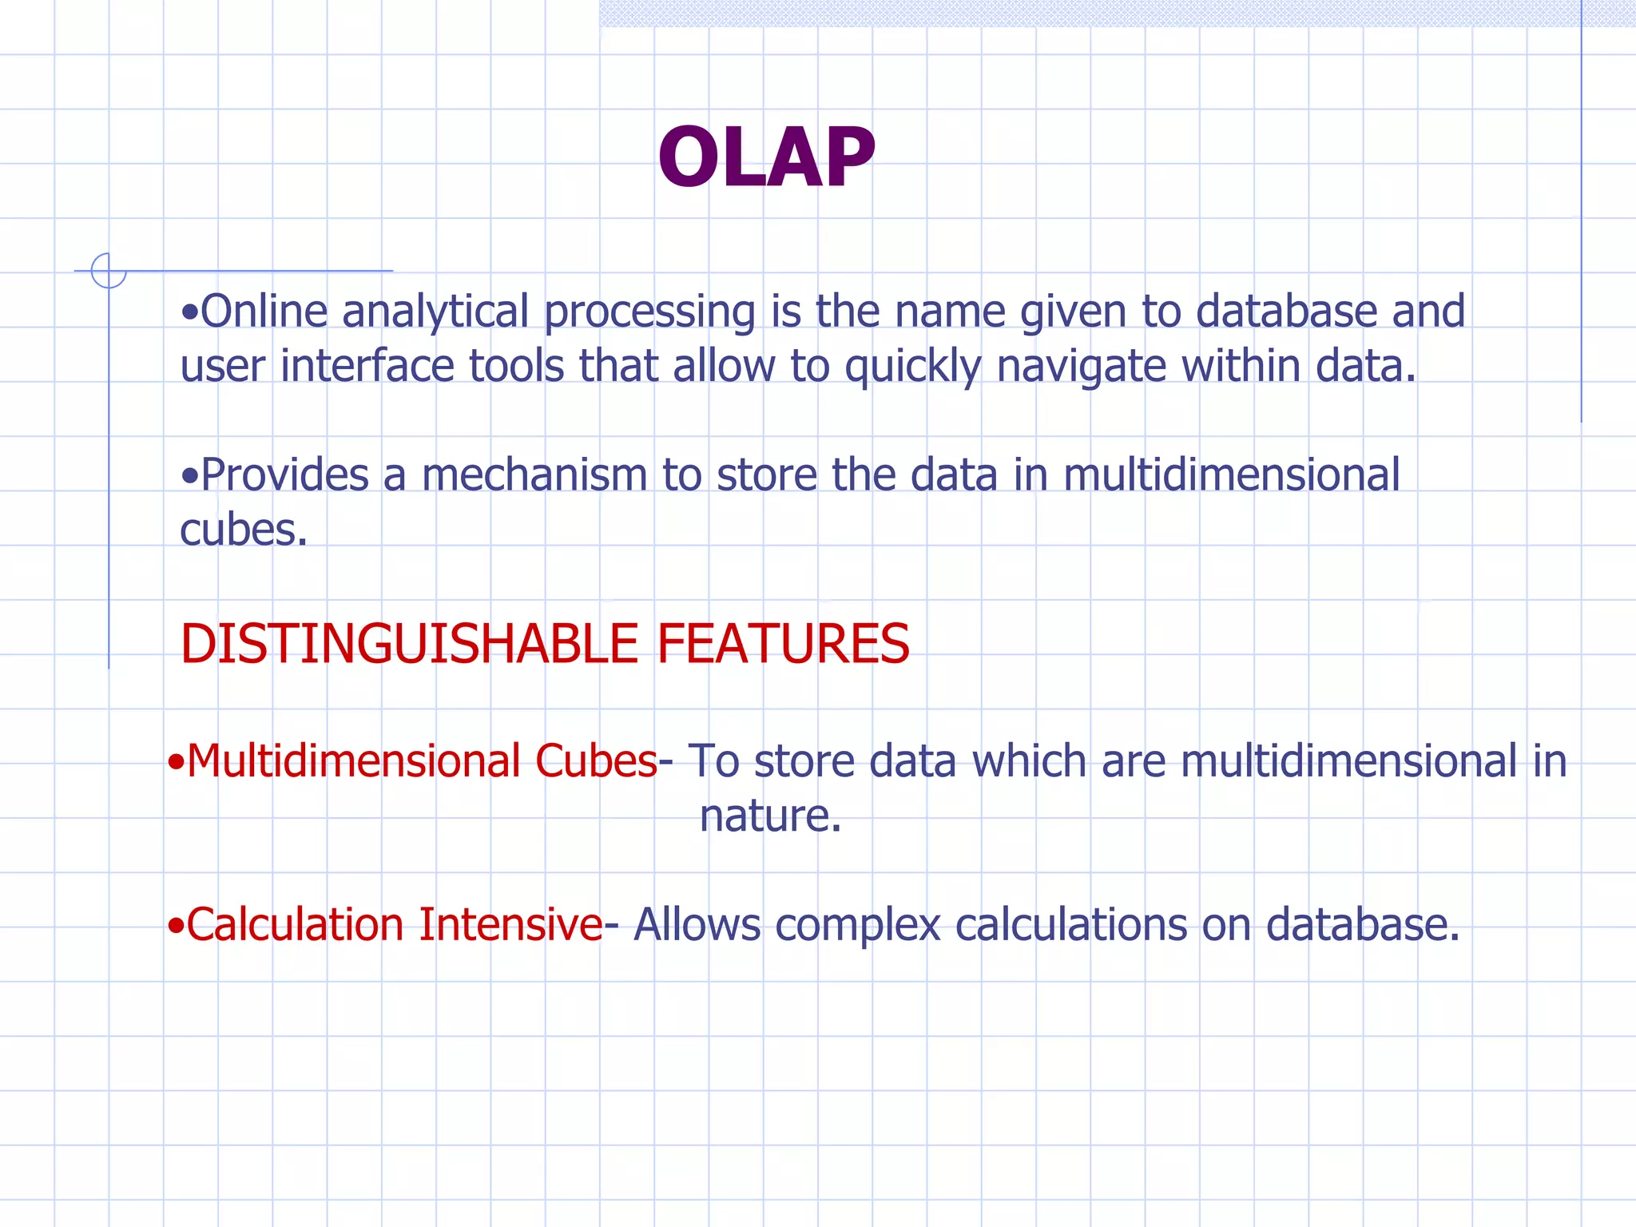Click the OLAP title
pos(766,157)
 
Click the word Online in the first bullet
pos(264,311)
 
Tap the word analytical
pos(435,312)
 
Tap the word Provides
pos(284,476)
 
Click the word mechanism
pos(534,476)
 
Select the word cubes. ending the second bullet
pos(243,530)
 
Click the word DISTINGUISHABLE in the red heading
pos(409,644)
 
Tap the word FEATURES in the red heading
pos(783,644)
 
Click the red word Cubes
pos(596,760)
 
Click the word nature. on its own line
pos(770,816)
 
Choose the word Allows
pos(697,925)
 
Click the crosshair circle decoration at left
pos(109,271)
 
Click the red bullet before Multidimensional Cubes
pos(176,763)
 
